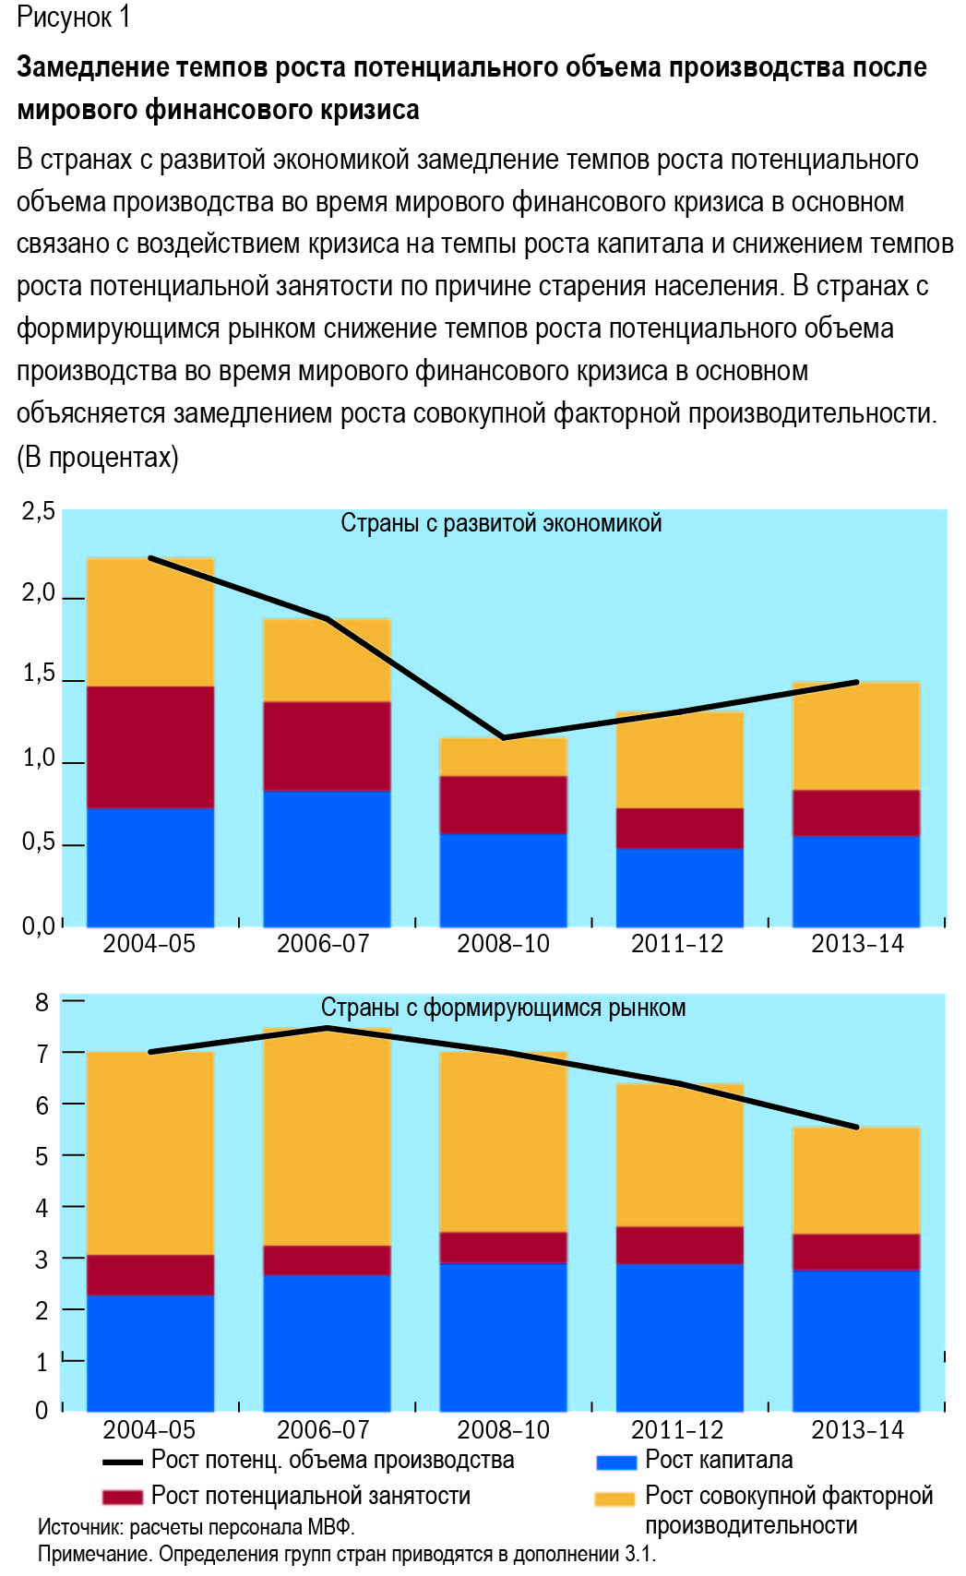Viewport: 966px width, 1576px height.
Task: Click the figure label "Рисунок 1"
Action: click(74, 17)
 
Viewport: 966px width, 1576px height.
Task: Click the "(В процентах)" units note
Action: click(98, 458)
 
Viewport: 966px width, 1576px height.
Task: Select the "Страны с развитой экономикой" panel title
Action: click(501, 523)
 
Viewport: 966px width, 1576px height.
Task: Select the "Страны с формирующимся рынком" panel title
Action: click(503, 1008)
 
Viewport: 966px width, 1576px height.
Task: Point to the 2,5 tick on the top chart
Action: click(39, 511)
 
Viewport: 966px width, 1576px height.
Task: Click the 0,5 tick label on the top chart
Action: click(39, 842)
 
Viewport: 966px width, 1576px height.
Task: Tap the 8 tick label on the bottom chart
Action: click(42, 1002)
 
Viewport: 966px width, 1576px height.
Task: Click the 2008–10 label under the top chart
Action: click(503, 944)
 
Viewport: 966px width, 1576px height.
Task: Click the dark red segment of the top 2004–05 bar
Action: click(149, 747)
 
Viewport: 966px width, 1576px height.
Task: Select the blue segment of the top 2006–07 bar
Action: click(327, 859)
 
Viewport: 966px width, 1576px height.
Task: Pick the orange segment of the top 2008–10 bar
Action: click(503, 757)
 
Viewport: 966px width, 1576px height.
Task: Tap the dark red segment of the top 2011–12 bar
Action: click(680, 829)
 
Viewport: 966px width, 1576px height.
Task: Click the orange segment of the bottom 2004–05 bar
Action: click(149, 1153)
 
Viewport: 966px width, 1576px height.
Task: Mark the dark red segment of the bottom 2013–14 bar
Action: click(856, 1252)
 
